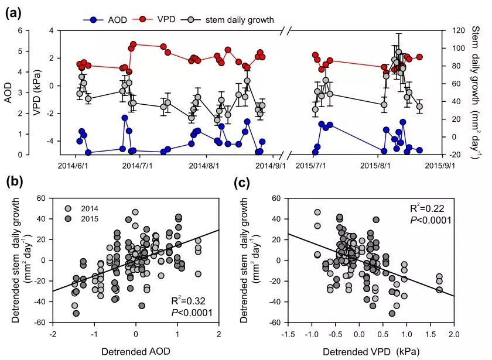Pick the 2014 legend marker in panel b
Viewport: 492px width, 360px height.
pyautogui.click(x=69, y=209)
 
